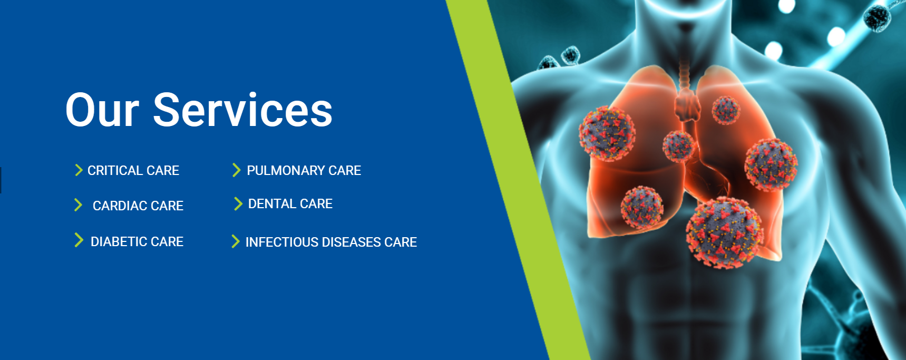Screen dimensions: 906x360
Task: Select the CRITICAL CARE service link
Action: coord(133,170)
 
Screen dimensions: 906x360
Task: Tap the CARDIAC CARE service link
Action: coord(138,206)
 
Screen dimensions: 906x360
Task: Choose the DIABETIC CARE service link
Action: coord(137,241)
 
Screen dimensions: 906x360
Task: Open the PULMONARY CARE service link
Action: coord(304,170)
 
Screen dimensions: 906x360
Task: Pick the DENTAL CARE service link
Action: coord(290,203)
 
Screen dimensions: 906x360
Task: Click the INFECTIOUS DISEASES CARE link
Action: coord(331,242)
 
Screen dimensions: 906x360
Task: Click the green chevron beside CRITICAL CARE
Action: coord(79,170)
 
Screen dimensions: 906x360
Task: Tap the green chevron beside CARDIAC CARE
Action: coord(78,205)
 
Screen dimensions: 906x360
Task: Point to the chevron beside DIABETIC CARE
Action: coord(79,240)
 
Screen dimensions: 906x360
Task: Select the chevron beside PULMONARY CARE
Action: coord(236,170)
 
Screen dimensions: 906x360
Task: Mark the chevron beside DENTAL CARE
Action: coord(238,203)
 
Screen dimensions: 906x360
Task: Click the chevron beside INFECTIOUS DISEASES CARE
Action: coord(235,241)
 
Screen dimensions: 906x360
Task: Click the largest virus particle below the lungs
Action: coord(725,233)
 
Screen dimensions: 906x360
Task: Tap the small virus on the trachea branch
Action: coord(678,145)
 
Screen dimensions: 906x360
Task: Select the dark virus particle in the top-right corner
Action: coord(877,17)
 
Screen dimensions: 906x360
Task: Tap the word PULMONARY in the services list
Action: coord(286,170)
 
